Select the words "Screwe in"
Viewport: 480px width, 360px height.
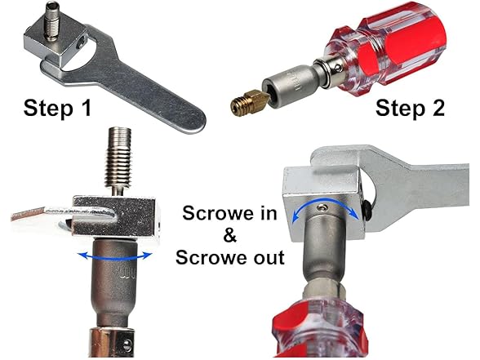click(x=229, y=216)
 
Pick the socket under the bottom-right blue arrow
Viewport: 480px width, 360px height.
click(x=327, y=261)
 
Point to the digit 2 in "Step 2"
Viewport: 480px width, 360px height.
click(x=438, y=109)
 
